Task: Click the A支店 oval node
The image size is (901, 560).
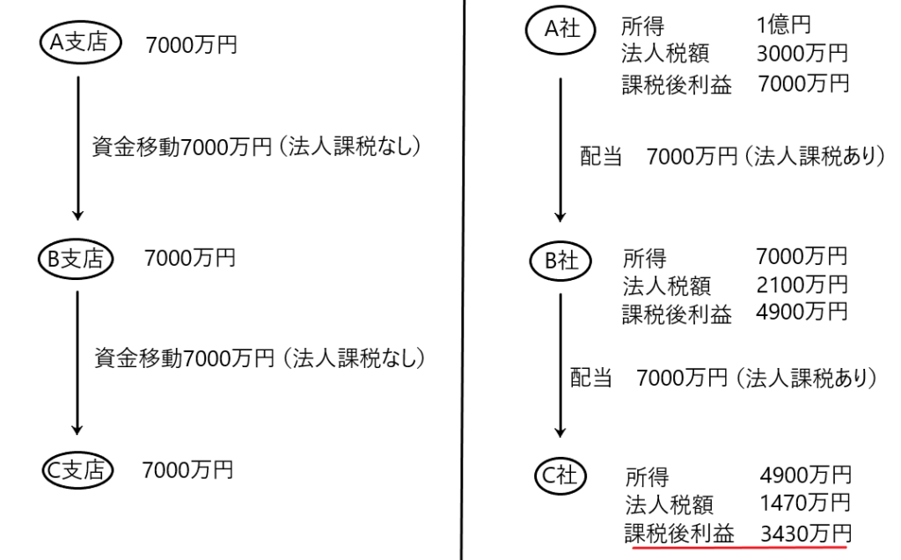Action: point(78,43)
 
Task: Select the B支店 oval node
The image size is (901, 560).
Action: point(76,258)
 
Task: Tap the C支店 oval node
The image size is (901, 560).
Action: point(78,471)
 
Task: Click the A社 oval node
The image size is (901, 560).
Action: point(560,29)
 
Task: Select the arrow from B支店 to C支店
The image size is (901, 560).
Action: point(77,362)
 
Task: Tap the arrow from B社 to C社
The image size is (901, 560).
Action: point(560,365)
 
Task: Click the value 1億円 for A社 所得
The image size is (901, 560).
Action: point(782,26)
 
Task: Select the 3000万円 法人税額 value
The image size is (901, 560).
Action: point(801,55)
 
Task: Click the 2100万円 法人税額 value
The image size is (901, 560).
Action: point(801,285)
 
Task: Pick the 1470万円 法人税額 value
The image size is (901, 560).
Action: point(804,504)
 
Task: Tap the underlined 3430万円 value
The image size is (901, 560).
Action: point(804,532)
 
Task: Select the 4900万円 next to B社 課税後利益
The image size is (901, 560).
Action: point(801,313)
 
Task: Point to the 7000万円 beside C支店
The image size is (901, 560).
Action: point(187,469)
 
